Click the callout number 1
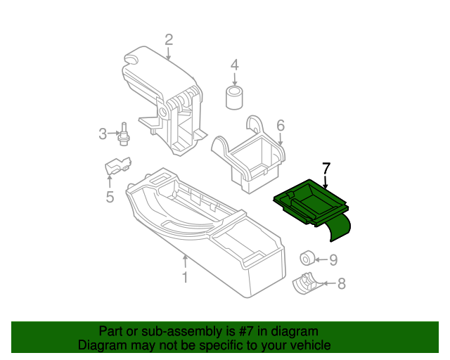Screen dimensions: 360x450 pyautogui.click(x=185, y=278)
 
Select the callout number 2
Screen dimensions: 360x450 pyautogui.click(x=169, y=39)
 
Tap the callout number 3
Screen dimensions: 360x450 pyautogui.click(x=103, y=134)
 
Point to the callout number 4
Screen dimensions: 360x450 pyautogui.click(x=235, y=65)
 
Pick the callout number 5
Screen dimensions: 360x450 pyautogui.click(x=110, y=197)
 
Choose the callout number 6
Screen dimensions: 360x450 pyautogui.click(x=280, y=125)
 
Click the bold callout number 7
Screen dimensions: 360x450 pyautogui.click(x=326, y=169)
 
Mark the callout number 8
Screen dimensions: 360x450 pyautogui.click(x=342, y=283)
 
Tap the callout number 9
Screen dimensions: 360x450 pyautogui.click(x=333, y=259)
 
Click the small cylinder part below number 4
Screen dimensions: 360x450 pyautogui.click(x=234, y=97)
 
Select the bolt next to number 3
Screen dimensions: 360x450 pyautogui.click(x=124, y=134)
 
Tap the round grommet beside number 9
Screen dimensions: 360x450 pyautogui.click(x=307, y=257)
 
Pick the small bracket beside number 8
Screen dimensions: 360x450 pyautogui.click(x=304, y=283)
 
